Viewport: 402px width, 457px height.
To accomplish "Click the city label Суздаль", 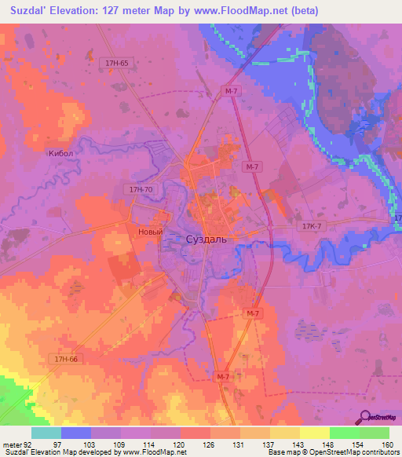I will point(206,239).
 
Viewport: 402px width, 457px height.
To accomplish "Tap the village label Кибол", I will point(60,155).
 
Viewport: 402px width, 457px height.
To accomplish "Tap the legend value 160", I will point(388,444).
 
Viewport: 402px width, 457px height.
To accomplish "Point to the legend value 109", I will point(120,444).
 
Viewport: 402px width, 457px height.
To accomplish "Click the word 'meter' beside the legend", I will point(13,444).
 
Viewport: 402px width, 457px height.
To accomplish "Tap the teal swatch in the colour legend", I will point(46,433).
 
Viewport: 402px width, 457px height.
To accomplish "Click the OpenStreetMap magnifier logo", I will point(364,416).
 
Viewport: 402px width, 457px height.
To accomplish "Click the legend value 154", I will point(359,444).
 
